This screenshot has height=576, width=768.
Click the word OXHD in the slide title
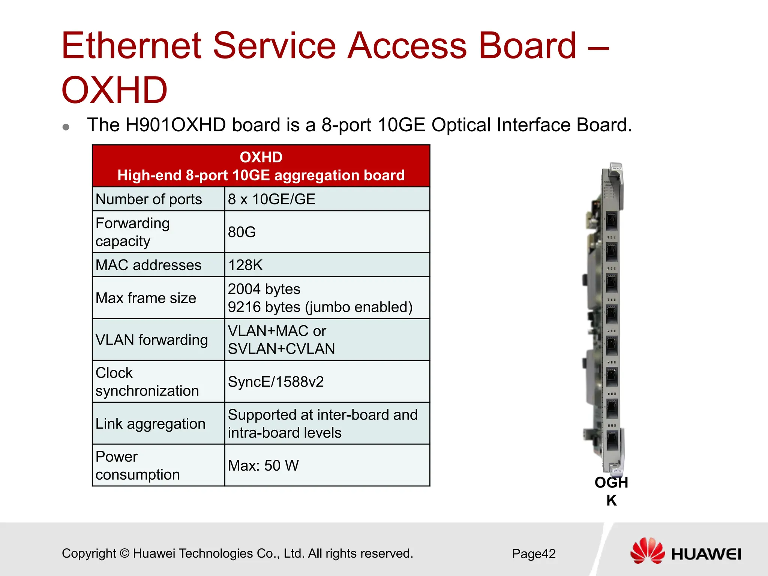coord(114,90)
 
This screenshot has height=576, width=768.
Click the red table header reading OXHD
coord(261,157)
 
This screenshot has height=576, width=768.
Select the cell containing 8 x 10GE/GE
coord(271,199)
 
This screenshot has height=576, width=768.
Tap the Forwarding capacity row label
coord(133,232)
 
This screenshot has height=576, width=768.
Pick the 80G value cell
coord(242,232)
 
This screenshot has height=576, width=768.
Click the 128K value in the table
coord(245,265)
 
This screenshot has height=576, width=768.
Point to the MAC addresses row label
coord(148,265)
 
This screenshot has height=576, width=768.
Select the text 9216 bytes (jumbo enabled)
coord(320,307)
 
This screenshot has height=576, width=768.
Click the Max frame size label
coord(146,298)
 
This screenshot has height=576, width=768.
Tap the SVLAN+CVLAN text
coord(281,349)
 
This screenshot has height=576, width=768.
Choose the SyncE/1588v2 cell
coord(276,382)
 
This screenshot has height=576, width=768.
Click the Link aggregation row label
coord(150,424)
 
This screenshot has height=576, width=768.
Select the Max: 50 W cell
coord(263,466)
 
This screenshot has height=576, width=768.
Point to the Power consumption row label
coord(137,466)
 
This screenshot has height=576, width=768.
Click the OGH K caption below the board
coord(611,491)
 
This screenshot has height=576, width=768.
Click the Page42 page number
coord(534,553)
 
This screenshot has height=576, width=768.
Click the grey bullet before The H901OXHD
coord(66,127)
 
